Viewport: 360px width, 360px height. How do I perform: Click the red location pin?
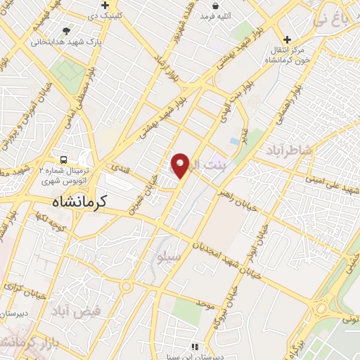click(181, 165)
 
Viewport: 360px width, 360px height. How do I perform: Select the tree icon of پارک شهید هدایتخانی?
click(66, 31)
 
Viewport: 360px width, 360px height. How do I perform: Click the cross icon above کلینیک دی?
click(105, 6)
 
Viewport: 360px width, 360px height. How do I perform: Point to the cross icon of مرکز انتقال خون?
click(286, 40)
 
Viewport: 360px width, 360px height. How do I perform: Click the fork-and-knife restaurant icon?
click(195, 347)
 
